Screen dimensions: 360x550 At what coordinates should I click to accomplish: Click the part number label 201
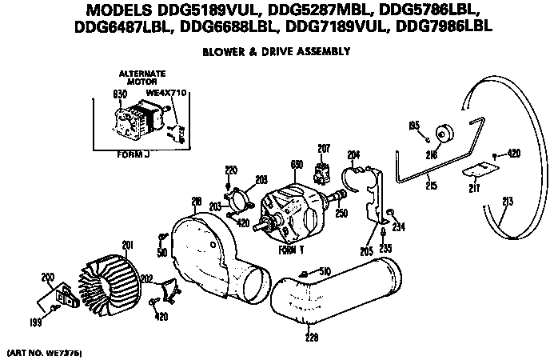[x=127, y=245]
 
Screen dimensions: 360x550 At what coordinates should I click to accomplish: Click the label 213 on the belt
[x=504, y=201]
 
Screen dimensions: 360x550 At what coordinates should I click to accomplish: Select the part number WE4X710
[x=167, y=93]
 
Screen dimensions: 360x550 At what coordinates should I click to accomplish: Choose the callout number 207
[x=324, y=149]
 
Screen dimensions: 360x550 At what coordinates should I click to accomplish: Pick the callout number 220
[x=231, y=170]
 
